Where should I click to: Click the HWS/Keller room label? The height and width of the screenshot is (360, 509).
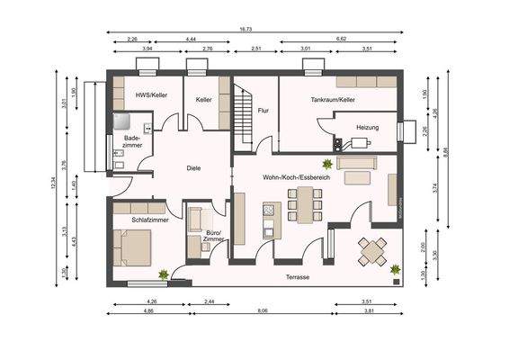150,94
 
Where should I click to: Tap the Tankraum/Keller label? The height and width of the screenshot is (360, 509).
333,100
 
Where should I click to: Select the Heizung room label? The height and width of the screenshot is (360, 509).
367,128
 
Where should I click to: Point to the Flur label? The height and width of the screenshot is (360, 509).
263,110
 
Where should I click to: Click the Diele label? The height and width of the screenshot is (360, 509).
193,167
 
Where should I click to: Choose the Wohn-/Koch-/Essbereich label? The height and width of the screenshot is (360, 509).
297,178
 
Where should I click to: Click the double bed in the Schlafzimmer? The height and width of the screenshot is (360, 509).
133,247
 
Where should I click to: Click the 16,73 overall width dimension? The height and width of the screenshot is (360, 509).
246,30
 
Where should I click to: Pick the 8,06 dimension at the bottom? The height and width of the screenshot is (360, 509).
262,311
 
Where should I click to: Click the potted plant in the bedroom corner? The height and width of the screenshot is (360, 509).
162,273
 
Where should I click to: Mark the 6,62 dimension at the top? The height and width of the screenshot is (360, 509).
342,40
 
